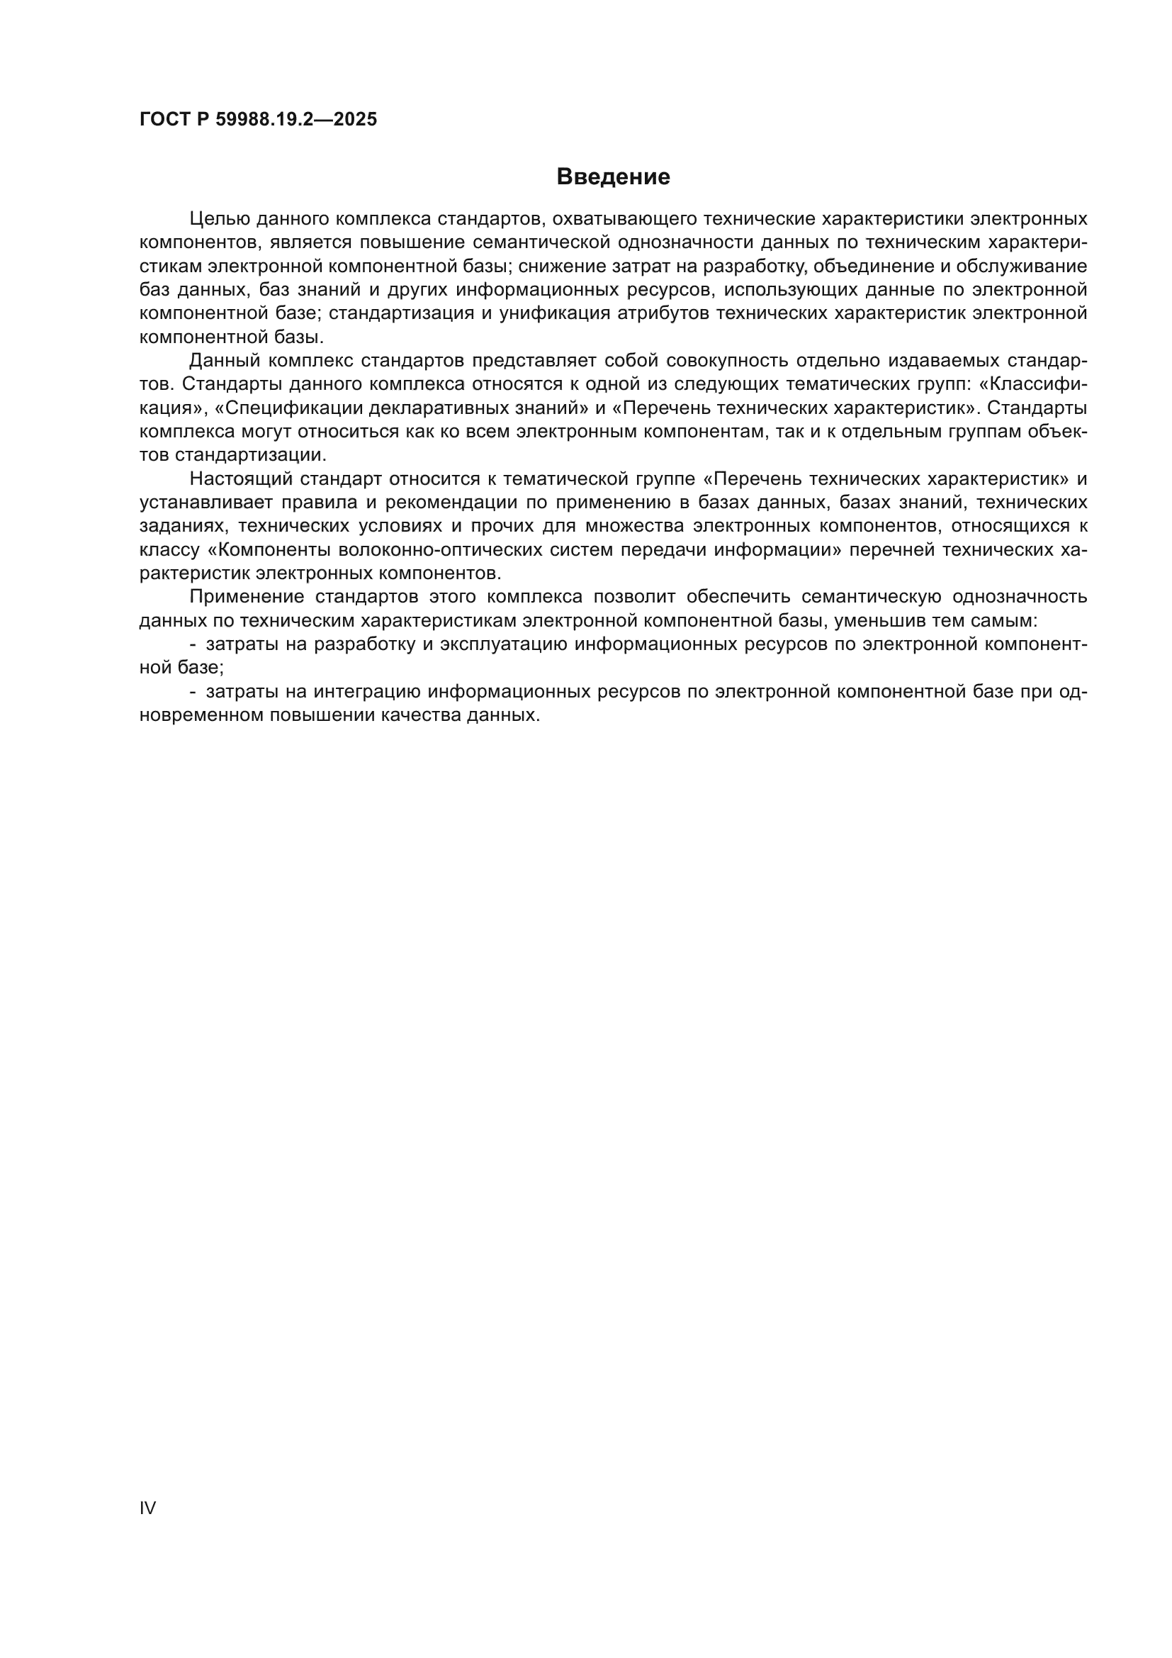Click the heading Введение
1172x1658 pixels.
coord(613,177)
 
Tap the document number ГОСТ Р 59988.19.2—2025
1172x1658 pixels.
coord(258,120)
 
